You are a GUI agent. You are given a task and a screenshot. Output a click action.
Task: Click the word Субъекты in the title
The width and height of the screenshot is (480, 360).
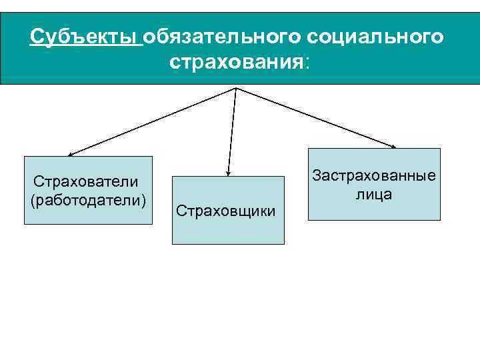pos(85,36)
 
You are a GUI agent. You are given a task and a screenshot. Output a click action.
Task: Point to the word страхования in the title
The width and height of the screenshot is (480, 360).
pos(237,63)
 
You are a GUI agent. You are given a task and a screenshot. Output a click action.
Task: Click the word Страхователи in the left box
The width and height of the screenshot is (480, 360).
pos(86,182)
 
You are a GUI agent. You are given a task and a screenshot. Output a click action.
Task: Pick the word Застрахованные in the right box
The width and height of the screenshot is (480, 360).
pos(374,176)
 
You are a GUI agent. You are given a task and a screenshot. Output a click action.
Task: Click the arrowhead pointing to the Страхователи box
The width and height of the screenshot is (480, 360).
pos(70,154)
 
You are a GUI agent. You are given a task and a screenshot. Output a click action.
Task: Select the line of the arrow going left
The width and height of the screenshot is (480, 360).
pos(153,121)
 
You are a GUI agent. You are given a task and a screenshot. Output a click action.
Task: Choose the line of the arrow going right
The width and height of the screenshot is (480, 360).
pos(317,117)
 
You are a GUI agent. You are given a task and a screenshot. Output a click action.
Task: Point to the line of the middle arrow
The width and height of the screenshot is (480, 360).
pos(232,130)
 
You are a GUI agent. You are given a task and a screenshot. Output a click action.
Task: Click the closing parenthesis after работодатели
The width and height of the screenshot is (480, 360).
pos(145,200)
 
